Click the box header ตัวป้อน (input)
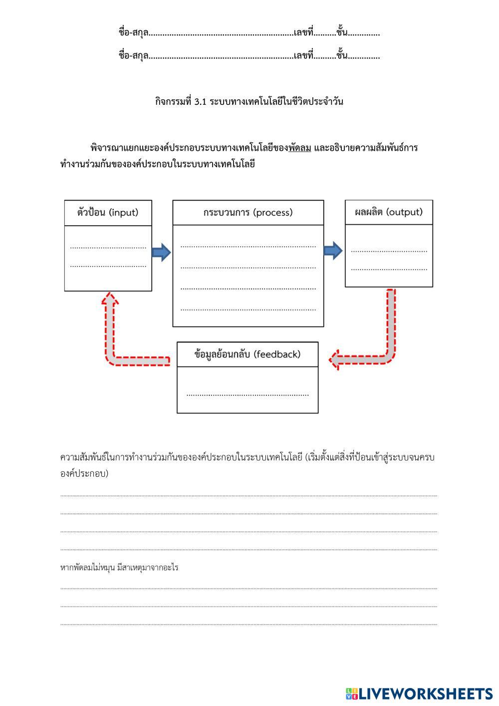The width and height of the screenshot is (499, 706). (108, 213)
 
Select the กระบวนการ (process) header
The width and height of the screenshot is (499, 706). (248, 213)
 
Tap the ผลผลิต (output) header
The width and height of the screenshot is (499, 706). (389, 212)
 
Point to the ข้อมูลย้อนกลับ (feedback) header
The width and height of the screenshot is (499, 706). (248, 354)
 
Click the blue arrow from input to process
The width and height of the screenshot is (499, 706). (161, 252)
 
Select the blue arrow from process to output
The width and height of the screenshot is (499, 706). (333, 250)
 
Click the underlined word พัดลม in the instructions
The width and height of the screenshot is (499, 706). (299, 148)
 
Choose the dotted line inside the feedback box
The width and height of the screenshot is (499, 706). (248, 395)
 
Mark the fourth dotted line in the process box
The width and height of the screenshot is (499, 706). (248, 310)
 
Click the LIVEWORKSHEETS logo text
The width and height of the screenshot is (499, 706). (426, 694)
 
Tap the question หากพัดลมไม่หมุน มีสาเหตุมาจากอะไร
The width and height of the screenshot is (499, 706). (119, 568)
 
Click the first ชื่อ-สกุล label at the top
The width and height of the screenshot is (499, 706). (133, 33)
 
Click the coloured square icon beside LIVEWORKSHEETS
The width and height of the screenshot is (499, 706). (352, 694)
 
